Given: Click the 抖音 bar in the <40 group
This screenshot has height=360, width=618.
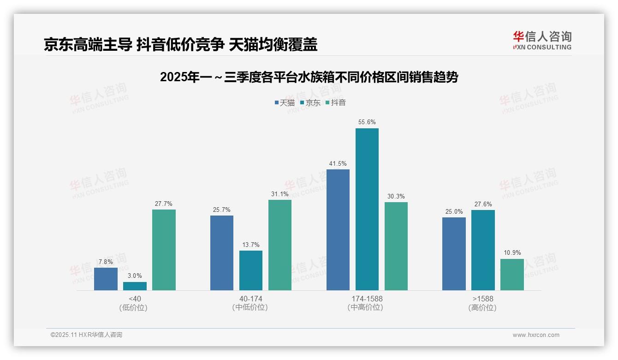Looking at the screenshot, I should coord(164,250).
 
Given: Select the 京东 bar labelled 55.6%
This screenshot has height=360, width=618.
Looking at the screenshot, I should coord(367,209).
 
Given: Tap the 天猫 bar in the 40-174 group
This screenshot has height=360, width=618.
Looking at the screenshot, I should coord(222,253).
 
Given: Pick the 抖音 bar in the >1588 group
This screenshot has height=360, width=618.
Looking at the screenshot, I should coord(512,275).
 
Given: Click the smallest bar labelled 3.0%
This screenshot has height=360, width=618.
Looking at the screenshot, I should coord(135,286).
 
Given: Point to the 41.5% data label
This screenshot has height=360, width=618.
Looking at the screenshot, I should coord(338,164).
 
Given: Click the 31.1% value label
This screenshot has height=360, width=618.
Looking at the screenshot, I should coord(280,194).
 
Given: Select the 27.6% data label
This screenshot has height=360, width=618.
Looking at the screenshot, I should coord(483,204).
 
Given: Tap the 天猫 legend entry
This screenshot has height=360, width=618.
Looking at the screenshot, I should coord(285,103).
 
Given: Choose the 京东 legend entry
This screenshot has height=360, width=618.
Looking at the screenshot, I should coord(310,103).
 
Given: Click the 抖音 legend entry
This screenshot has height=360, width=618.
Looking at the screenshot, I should coord(336,103).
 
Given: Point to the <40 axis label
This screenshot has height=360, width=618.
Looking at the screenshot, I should coord(135,299).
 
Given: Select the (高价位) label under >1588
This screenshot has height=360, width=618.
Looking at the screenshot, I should coord(483,307).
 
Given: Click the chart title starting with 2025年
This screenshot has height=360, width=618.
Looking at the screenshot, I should coord(309,77).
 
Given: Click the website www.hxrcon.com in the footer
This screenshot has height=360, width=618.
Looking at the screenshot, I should coord(536,335).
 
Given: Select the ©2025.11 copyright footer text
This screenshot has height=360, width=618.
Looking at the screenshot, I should coord(86,335).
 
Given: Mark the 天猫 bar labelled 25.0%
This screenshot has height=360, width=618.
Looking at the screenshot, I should coord(454,254).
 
